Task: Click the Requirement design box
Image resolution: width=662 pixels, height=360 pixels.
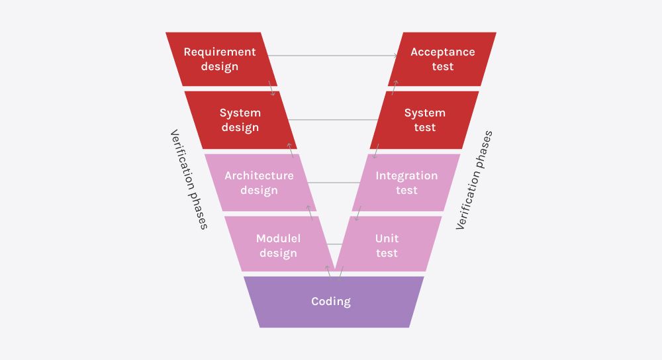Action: click(x=220, y=59)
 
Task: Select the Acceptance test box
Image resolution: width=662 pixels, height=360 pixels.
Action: click(x=442, y=59)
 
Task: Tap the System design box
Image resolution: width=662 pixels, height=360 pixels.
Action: click(x=240, y=120)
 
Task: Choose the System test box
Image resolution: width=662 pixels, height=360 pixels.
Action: click(x=424, y=120)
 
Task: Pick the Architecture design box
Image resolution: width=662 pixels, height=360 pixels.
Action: click(x=259, y=183)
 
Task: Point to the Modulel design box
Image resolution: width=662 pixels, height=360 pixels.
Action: click(x=278, y=245)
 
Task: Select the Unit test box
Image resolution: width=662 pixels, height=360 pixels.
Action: click(x=387, y=245)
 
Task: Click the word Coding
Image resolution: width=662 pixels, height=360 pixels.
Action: click(x=331, y=302)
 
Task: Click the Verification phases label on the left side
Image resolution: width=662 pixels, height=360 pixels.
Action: click(x=189, y=179)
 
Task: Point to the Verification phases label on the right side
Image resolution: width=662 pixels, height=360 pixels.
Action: click(x=474, y=180)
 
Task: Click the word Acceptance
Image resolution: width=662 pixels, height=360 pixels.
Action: click(x=442, y=52)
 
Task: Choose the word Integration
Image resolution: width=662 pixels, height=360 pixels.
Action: click(x=406, y=175)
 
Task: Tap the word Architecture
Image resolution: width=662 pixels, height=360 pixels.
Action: click(x=259, y=175)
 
